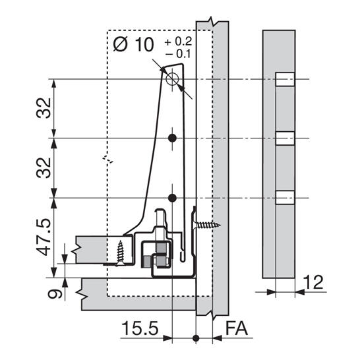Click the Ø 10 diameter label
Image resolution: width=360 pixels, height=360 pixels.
[133, 44]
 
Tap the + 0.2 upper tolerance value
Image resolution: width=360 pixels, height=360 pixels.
[178, 42]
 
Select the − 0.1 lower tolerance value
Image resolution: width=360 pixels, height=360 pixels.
[178, 54]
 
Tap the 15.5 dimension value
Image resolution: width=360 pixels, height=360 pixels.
[140, 328]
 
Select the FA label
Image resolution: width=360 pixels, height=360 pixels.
[237, 328]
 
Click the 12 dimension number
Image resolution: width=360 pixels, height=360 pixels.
[313, 282]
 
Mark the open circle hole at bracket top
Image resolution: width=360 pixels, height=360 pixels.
[172, 79]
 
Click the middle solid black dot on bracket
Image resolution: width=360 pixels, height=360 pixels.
[172, 138]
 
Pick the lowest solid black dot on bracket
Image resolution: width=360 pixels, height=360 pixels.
[172, 198]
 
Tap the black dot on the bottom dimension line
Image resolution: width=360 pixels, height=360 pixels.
[196, 338]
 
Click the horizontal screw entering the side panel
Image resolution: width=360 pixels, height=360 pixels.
[206, 225]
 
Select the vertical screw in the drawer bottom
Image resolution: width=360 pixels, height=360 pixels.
[120, 253]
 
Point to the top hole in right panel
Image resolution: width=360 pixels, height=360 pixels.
[285, 79]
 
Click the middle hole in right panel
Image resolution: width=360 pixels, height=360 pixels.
[285, 138]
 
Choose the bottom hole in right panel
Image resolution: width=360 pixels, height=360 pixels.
[285, 197]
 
